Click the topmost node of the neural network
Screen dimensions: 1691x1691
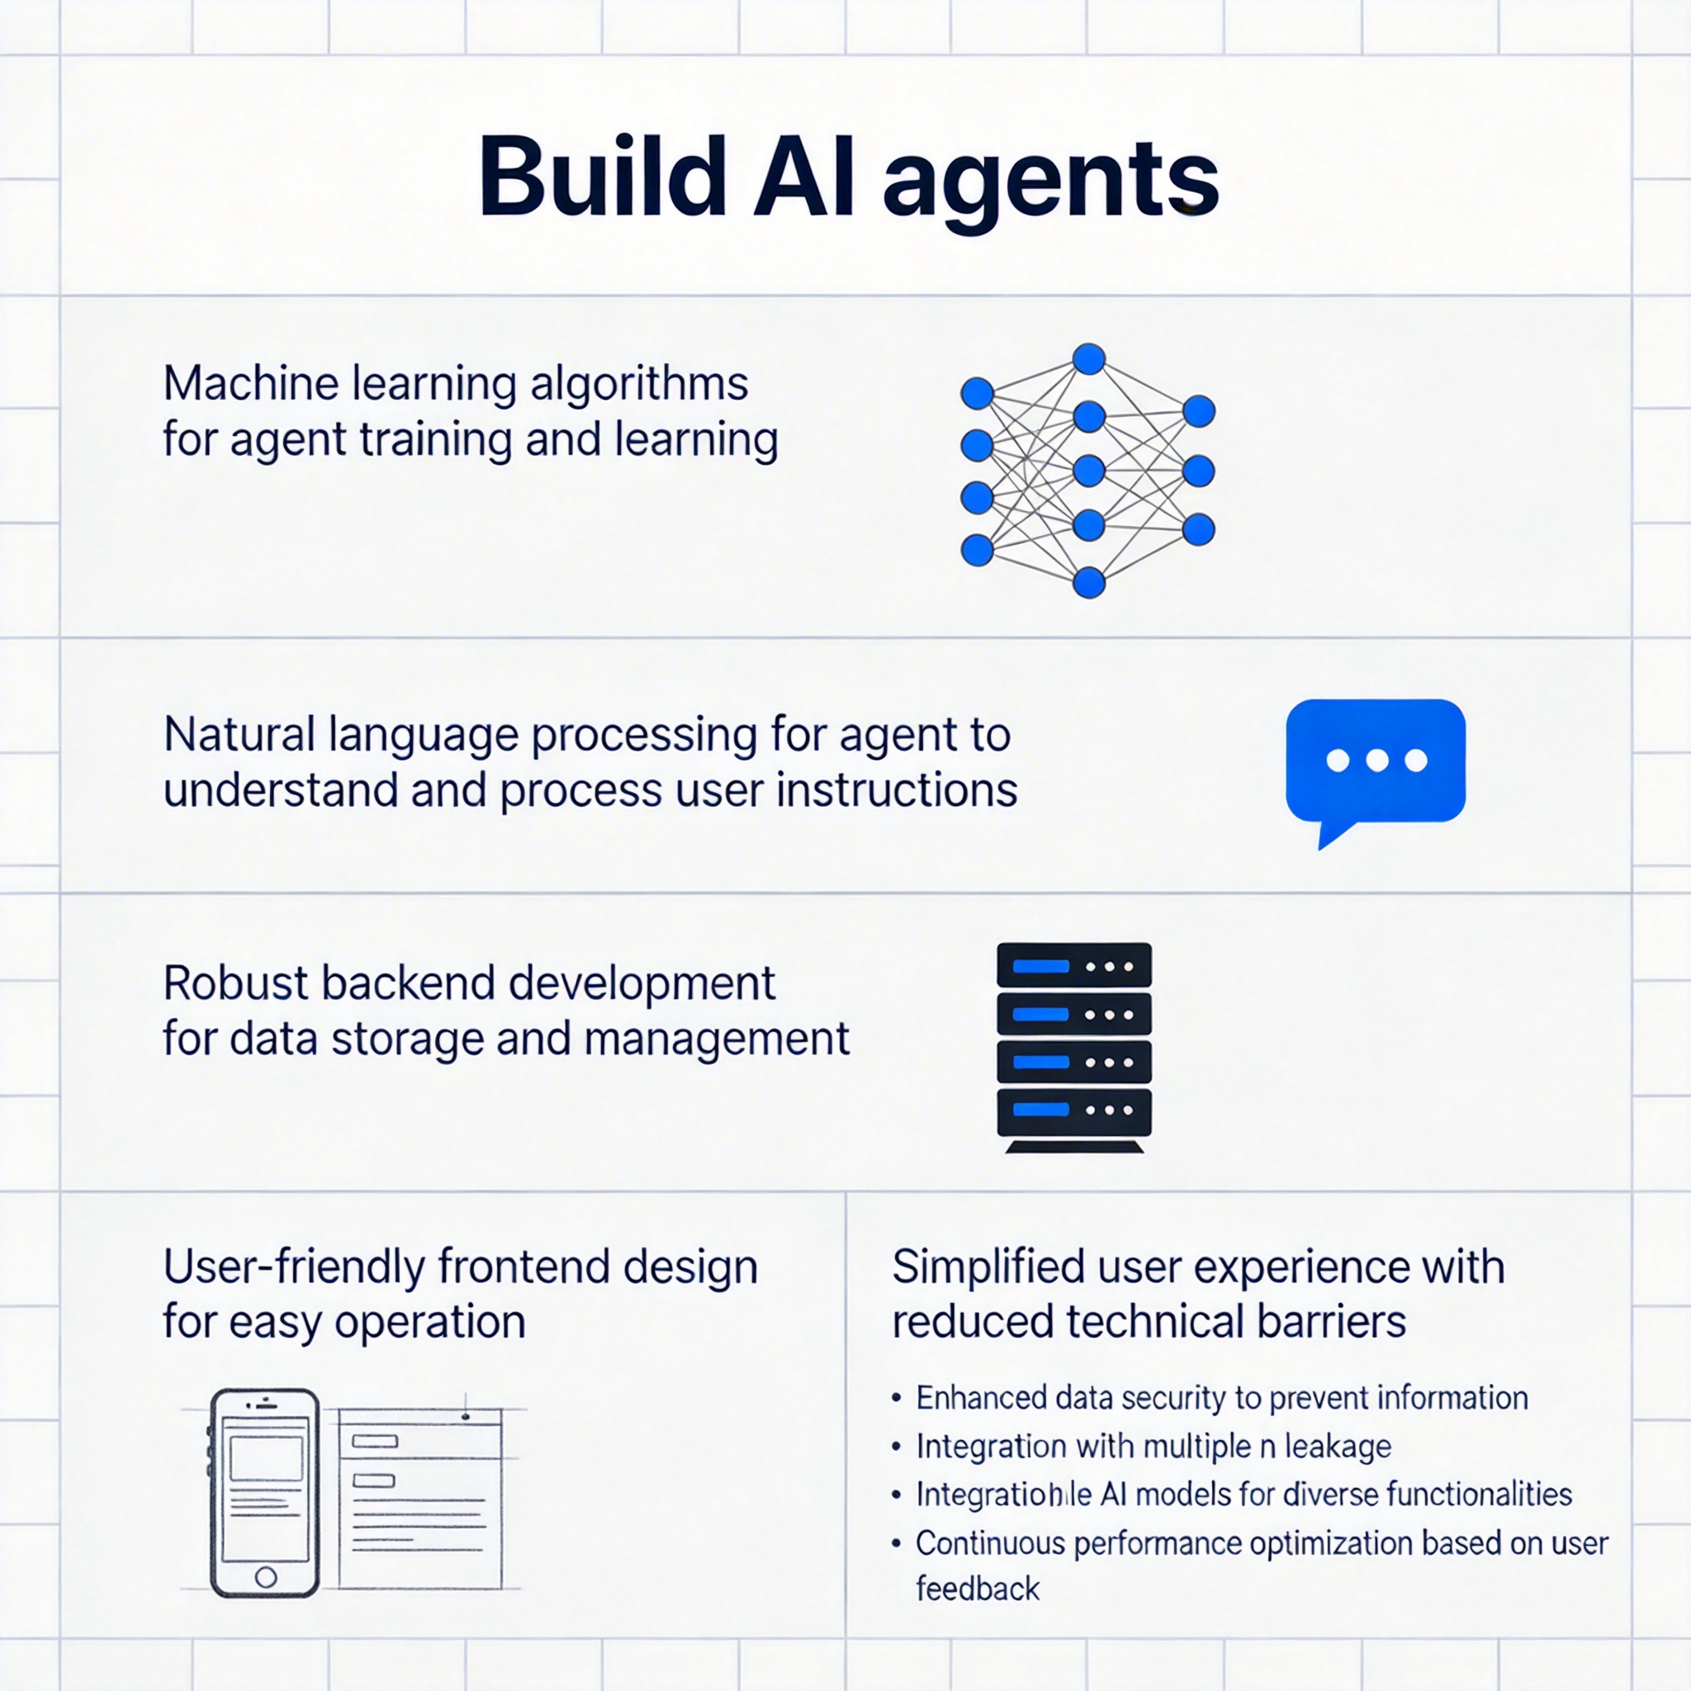point(1089,359)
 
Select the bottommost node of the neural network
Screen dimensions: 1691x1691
point(1089,582)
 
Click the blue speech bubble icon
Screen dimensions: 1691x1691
point(1375,761)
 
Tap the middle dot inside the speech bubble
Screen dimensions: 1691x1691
point(1376,760)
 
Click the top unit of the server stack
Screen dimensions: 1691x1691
point(1074,966)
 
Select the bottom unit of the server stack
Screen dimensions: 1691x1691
point(1074,1111)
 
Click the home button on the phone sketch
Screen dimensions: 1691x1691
point(266,1578)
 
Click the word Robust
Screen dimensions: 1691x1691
point(235,983)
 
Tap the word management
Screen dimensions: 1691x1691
point(716,1040)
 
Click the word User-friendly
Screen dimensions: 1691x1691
point(293,1267)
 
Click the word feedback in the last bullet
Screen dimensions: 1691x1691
point(978,1589)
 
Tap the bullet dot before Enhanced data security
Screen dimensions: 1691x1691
point(896,1398)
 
